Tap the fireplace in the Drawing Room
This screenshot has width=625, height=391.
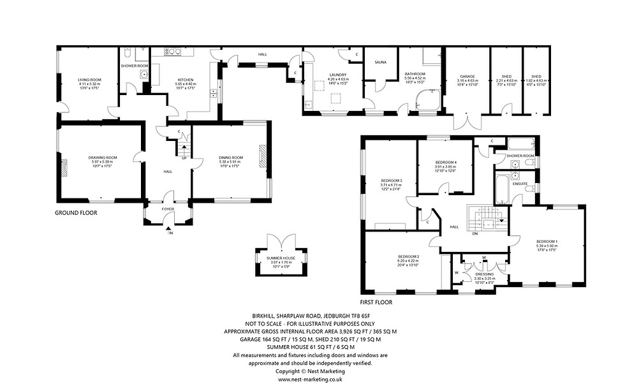click(63, 166)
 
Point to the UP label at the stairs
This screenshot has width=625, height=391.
click(185, 159)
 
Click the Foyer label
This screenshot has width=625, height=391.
click(167, 207)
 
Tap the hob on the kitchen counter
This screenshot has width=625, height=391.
click(172, 52)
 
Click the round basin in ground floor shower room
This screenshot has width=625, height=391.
click(145, 74)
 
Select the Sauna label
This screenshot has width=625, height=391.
click(381, 63)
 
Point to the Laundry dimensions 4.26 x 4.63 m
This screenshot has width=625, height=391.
click(337, 78)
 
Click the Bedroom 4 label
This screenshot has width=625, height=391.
click(445, 162)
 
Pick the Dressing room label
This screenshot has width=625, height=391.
click(484, 274)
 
